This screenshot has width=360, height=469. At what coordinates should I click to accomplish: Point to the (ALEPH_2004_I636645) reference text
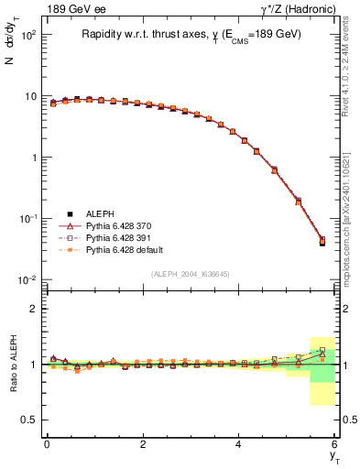pos(190,273)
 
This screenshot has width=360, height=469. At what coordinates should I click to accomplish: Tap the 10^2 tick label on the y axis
pos(27,35)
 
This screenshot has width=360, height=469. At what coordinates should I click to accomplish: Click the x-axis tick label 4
pos(239,444)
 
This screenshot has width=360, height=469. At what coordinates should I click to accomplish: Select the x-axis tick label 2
pos(143,444)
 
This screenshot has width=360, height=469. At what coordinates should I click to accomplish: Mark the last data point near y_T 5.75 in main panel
pos(322,242)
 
